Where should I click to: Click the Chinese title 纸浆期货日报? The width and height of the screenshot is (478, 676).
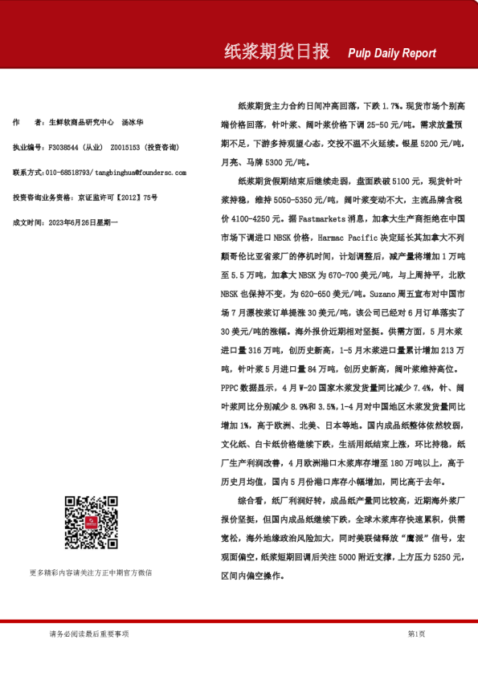(276, 52)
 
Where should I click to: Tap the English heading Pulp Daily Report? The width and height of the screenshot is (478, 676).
(392, 54)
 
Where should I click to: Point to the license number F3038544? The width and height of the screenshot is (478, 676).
(64, 148)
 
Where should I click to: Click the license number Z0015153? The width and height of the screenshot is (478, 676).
(126, 148)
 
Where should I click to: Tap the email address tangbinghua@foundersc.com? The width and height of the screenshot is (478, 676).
(140, 172)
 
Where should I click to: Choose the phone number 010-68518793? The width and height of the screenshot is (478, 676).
(68, 172)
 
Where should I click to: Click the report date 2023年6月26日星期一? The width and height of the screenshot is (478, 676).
(84, 221)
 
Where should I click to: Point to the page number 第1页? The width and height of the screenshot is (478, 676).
(416, 634)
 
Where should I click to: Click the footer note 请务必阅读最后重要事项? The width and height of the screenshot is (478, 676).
(88, 634)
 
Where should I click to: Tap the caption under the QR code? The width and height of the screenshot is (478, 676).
(91, 572)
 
